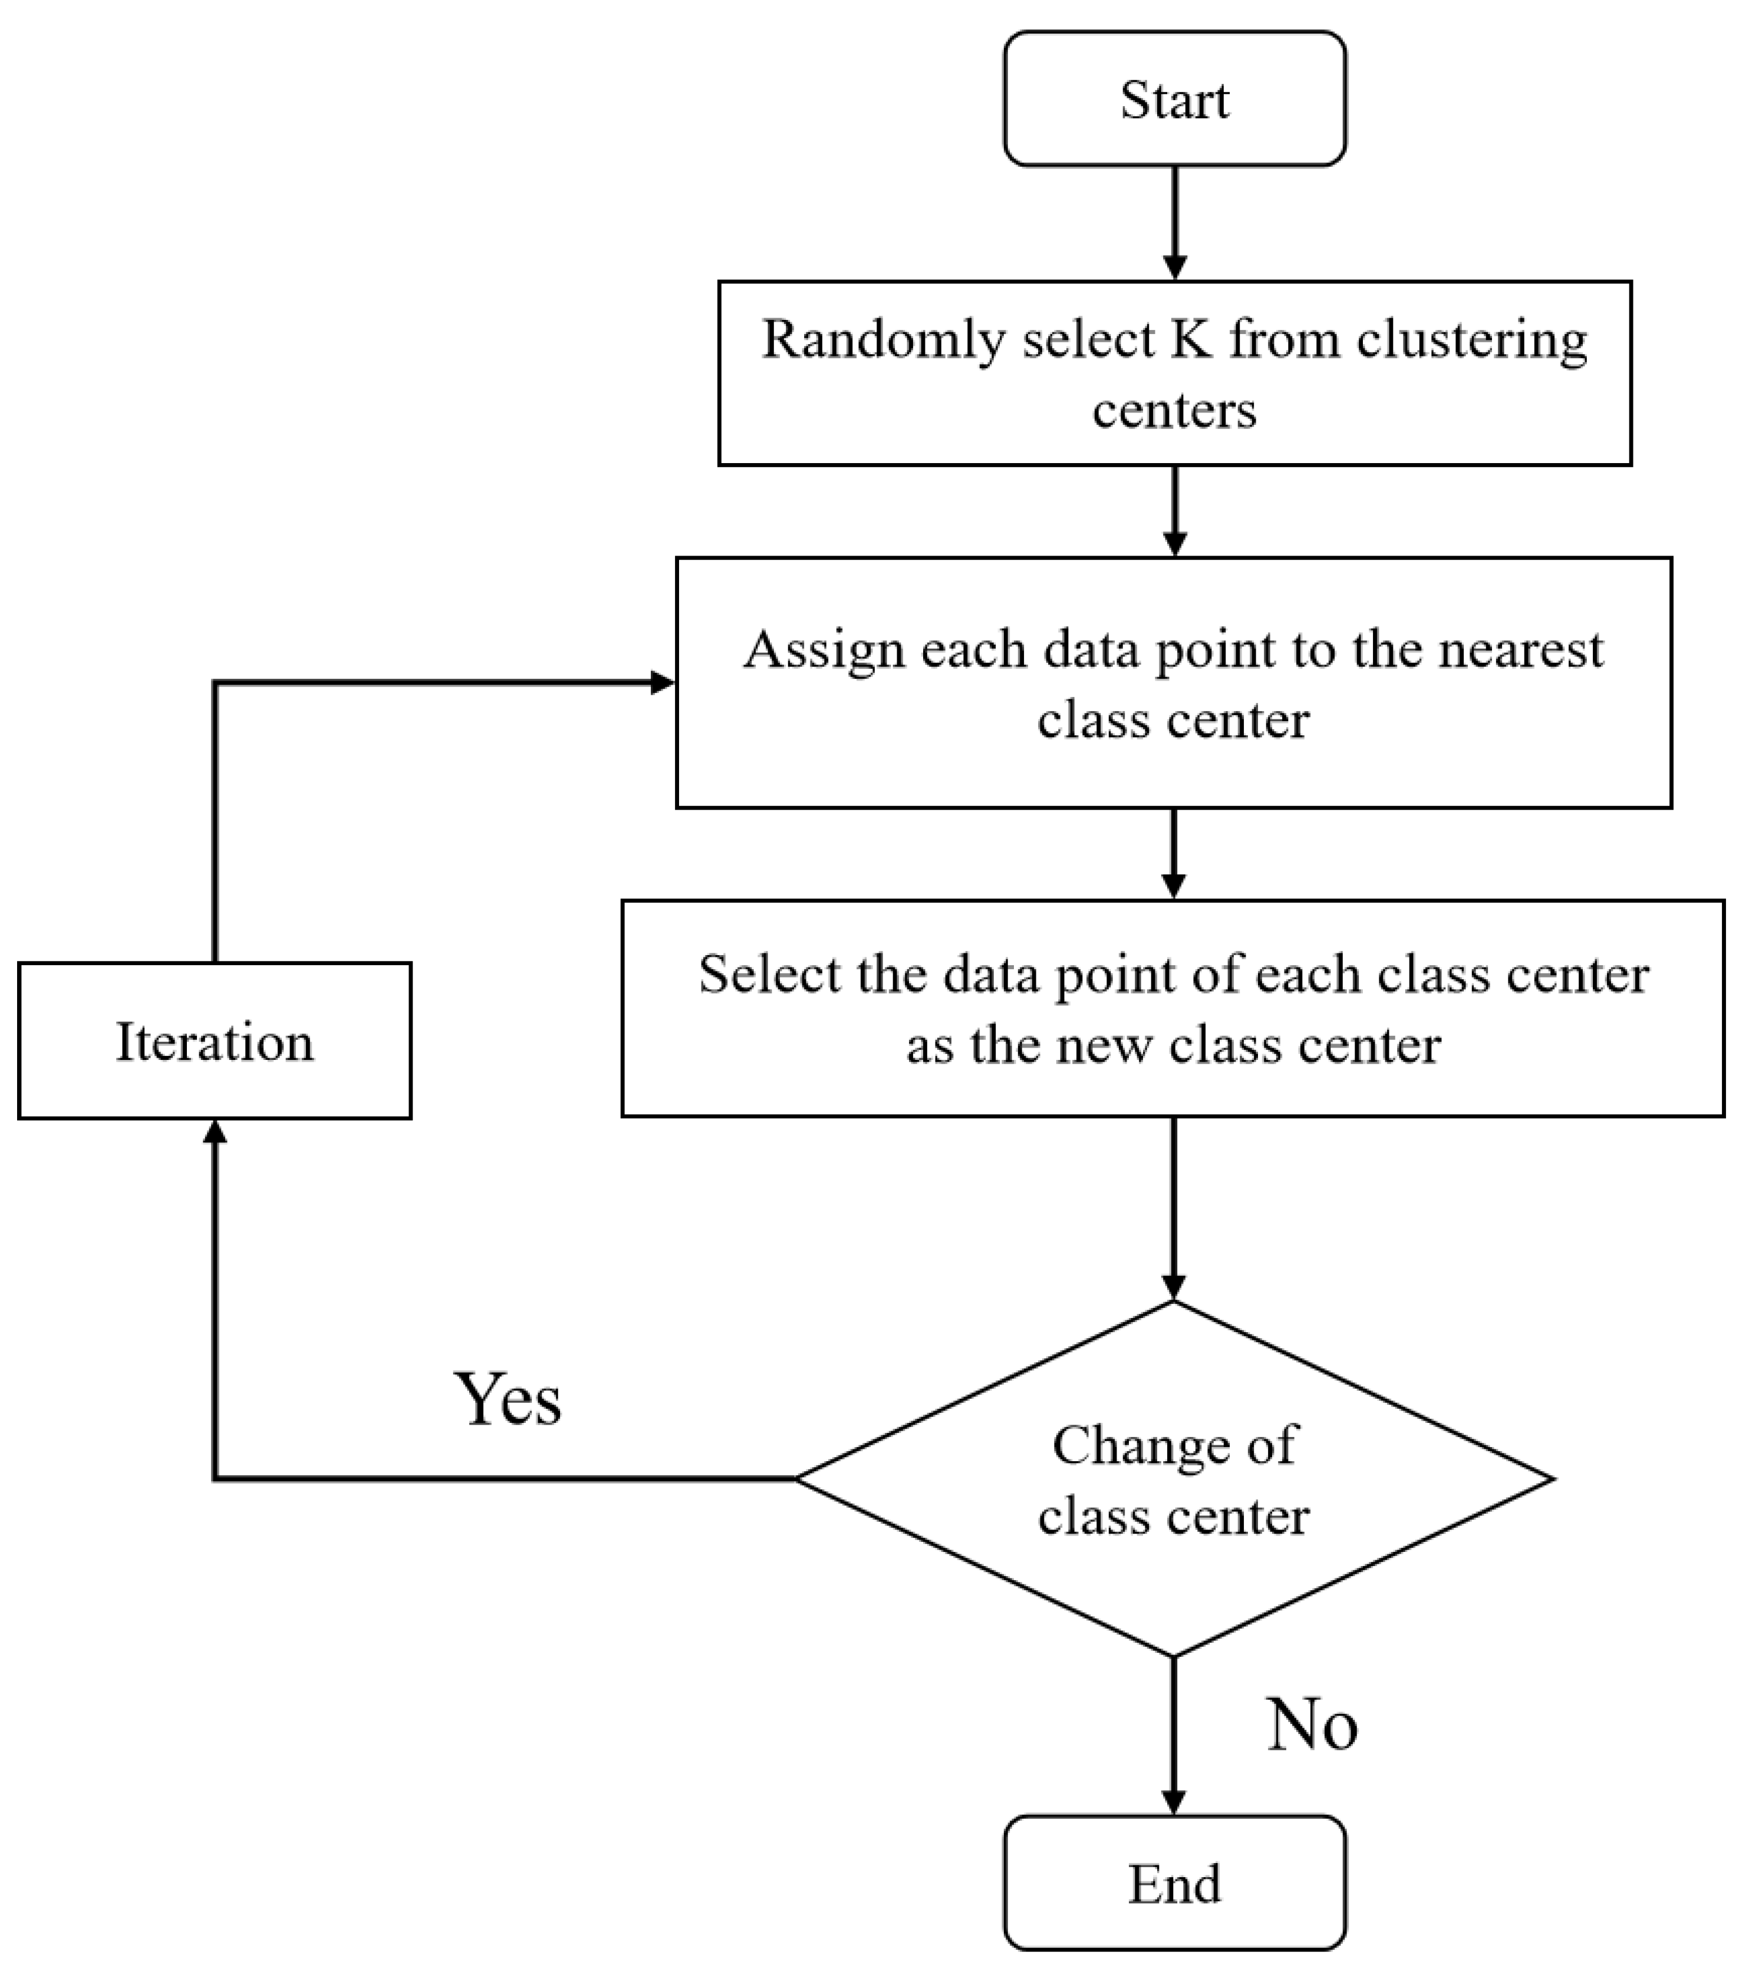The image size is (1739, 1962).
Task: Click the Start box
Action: coord(1174,99)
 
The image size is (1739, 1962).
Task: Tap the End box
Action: coord(1174,1882)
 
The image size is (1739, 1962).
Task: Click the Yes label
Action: coord(507,1399)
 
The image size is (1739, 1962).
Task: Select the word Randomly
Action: coord(884,341)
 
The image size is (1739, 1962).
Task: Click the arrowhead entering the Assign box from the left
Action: coord(663,682)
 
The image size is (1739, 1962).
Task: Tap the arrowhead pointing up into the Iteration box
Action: coord(215,1132)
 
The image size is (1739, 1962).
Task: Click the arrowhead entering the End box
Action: coord(1174,1802)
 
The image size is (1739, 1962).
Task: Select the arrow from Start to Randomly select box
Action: coord(1174,223)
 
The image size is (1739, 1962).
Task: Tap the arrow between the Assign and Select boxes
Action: coord(1174,853)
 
